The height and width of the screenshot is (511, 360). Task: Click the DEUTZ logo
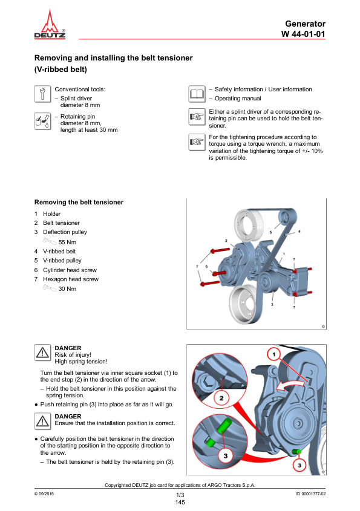pos(50,24)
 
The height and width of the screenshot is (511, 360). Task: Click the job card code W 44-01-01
pos(303,34)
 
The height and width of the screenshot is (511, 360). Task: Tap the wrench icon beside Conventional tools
pos(42,94)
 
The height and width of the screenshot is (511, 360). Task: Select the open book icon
pos(197,94)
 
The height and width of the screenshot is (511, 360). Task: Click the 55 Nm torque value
pos(67,242)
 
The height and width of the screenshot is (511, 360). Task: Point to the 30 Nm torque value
pos(67,288)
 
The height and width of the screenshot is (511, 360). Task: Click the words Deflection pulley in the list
pos(65,232)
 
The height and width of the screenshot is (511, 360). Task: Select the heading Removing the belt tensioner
pos(79,202)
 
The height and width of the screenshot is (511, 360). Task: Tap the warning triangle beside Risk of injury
pos(42,353)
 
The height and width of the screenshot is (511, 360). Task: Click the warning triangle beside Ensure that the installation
pos(42,421)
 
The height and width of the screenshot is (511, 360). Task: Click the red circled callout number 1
pos(274,354)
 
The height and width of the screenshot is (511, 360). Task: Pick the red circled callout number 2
pos(221,398)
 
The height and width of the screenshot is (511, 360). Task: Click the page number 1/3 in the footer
pos(180,495)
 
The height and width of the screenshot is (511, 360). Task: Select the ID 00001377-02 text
pos(310,493)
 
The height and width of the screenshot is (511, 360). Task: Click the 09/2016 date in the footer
pos(44,493)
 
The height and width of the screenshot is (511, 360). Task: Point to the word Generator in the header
pos(305,24)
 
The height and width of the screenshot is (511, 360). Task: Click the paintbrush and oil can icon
pos(42,121)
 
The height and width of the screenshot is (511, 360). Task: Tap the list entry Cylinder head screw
pos(70,270)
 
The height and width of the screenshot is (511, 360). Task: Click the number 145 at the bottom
pos(180,502)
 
